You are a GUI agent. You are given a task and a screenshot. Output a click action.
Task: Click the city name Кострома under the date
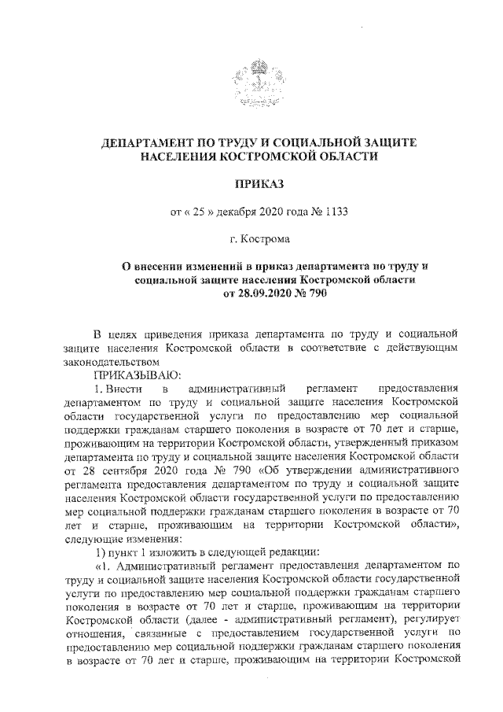click(266, 238)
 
